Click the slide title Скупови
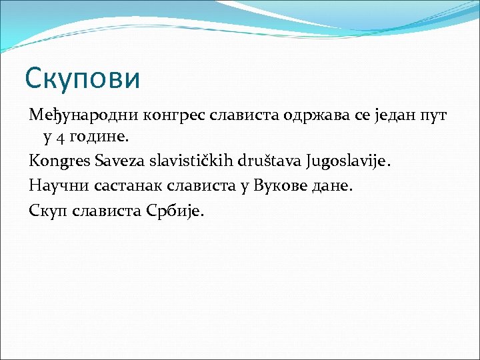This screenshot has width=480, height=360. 83,78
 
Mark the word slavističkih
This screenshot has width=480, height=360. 189,161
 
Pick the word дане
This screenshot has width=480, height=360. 331,185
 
